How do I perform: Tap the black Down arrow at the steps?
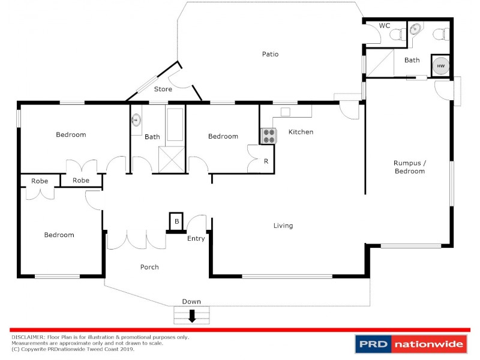point(192,315)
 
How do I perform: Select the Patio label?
point(270,54)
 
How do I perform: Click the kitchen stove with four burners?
point(267,136)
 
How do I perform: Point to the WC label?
point(385,26)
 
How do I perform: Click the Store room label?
point(163,89)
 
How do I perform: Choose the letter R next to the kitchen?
point(266,161)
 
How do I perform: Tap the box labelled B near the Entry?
point(176,221)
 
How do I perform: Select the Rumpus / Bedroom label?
point(409,167)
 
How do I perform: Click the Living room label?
point(283,226)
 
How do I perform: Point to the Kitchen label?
point(301,131)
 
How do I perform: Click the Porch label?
point(149,267)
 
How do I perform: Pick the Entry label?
point(196,238)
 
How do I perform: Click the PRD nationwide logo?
point(411,344)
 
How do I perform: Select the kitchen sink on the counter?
point(285,112)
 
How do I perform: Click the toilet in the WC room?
point(397,35)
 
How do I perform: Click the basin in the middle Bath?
point(136,120)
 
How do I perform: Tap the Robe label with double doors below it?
point(40,180)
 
